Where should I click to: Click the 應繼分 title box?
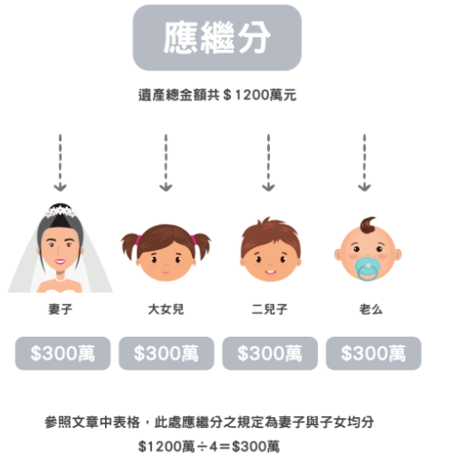(x=217, y=38)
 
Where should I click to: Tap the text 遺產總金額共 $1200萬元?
(x=217, y=95)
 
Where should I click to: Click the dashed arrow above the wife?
(x=60, y=163)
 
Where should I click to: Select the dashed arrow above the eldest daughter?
(x=166, y=163)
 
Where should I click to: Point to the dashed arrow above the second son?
(x=268, y=163)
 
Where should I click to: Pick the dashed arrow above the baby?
(x=364, y=163)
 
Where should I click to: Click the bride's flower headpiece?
(x=61, y=211)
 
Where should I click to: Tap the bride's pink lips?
(x=60, y=262)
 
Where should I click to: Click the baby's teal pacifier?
(x=367, y=269)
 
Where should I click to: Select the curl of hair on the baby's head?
(x=369, y=225)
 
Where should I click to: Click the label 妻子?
(x=61, y=309)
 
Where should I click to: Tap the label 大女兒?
(x=166, y=309)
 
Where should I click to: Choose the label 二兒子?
(x=269, y=309)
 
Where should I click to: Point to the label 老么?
(x=370, y=309)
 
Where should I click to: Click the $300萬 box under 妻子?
(x=62, y=354)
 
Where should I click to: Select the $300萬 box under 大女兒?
(x=167, y=354)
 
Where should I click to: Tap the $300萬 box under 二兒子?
(x=270, y=354)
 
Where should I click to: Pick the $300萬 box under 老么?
(x=373, y=354)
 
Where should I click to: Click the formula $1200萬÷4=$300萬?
(x=209, y=446)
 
